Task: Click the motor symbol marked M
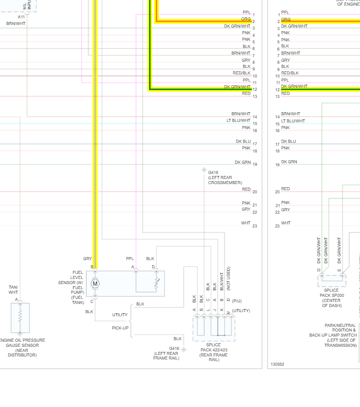point(95,284)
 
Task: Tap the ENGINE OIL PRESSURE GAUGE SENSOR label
point(22,347)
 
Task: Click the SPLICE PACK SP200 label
point(331,298)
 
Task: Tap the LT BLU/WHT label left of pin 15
point(238,120)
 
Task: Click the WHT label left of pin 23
point(246,223)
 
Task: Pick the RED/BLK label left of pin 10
point(242,73)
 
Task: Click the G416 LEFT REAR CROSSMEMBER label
point(225,177)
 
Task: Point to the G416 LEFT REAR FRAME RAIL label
point(166,353)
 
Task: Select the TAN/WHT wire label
point(13,290)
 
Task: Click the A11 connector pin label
point(21,17)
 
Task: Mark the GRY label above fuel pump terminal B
point(87,259)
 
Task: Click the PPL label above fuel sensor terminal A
point(130,259)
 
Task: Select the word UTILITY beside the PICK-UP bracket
point(120,315)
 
